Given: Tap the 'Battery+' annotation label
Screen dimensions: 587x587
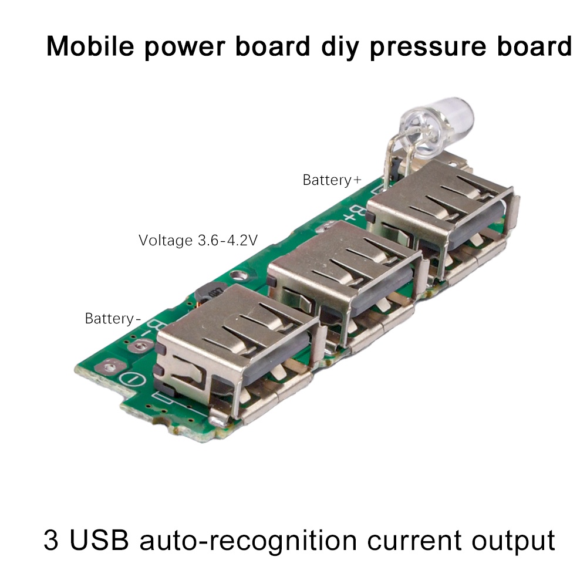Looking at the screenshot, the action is [332, 180].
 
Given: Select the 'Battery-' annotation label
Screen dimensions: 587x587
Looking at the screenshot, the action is [113, 319].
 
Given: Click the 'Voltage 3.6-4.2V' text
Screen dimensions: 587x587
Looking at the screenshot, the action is [198, 240].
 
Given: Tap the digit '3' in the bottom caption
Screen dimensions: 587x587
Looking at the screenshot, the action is [51, 540].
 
